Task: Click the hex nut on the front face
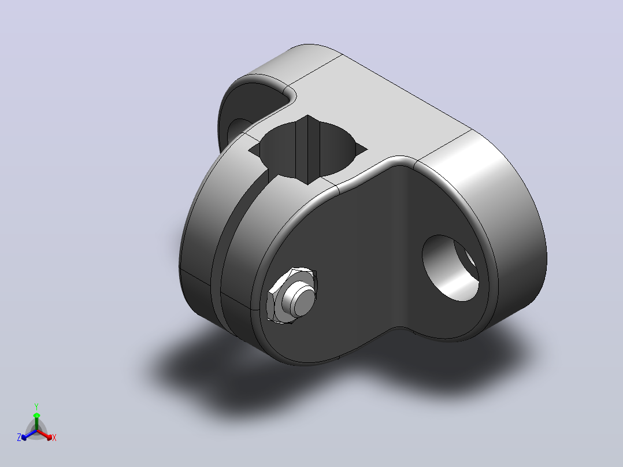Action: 292,295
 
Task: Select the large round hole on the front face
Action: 450,268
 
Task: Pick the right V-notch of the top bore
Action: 361,150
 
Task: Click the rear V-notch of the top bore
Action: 307,118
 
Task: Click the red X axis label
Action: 54,438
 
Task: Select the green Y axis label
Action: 36,406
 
